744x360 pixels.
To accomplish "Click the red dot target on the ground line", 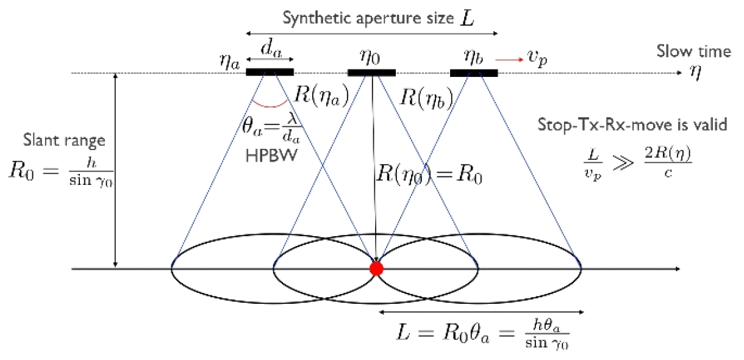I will click(376, 268).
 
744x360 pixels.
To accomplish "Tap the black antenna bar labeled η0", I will click(371, 73).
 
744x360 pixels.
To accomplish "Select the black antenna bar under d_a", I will click(270, 73).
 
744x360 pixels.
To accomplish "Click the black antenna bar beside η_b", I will click(474, 73).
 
